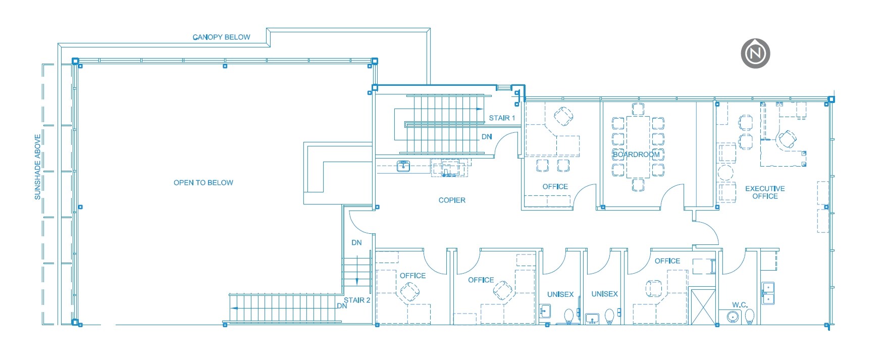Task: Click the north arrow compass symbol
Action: tap(755, 53)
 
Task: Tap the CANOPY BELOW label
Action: tap(221, 37)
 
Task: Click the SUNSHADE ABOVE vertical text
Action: tap(37, 167)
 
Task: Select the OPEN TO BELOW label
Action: tap(203, 183)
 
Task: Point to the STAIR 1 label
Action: tap(502, 118)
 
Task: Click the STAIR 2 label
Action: tap(357, 300)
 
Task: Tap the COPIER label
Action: tap(452, 200)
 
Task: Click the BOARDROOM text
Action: tap(636, 155)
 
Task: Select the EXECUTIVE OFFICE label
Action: tap(765, 192)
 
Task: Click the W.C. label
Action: tap(740, 305)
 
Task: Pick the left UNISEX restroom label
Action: tap(560, 294)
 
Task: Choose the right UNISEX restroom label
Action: tap(604, 294)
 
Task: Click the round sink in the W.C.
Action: tap(733, 317)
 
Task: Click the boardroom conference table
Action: tap(638, 146)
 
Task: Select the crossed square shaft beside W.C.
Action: tap(702, 306)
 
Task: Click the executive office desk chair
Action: tap(787, 138)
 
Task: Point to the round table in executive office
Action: tap(725, 173)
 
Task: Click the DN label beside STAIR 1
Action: tap(486, 137)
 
